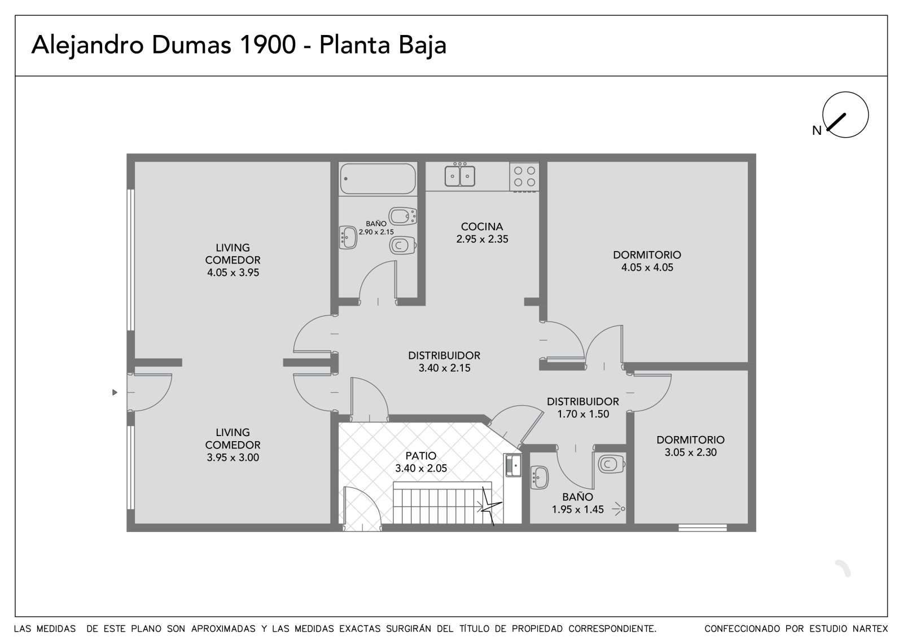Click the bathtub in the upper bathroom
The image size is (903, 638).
pyautogui.click(x=378, y=179)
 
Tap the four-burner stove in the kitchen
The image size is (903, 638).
pyautogui.click(x=524, y=177)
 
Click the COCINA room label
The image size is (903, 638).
pyautogui.click(x=482, y=227)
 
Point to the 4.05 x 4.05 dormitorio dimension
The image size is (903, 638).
pyautogui.click(x=647, y=267)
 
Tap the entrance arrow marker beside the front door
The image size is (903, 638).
pyautogui.click(x=115, y=392)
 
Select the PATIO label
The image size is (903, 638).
pyautogui.click(x=421, y=455)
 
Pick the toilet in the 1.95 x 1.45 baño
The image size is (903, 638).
pyautogui.click(x=612, y=464)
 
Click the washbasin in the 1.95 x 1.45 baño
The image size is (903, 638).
pyautogui.click(x=540, y=478)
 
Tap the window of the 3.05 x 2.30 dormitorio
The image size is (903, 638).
pyautogui.click(x=703, y=527)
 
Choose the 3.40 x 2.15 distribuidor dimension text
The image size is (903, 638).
pyautogui.click(x=444, y=368)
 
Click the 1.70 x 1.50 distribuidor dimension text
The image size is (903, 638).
pyautogui.click(x=583, y=414)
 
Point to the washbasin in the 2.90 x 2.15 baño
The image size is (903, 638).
pyautogui.click(x=348, y=237)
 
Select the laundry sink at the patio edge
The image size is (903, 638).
pyautogui.click(x=513, y=465)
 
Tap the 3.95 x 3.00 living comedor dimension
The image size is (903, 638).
pyautogui.click(x=233, y=457)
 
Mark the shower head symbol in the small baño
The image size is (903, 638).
pyautogui.click(x=619, y=509)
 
